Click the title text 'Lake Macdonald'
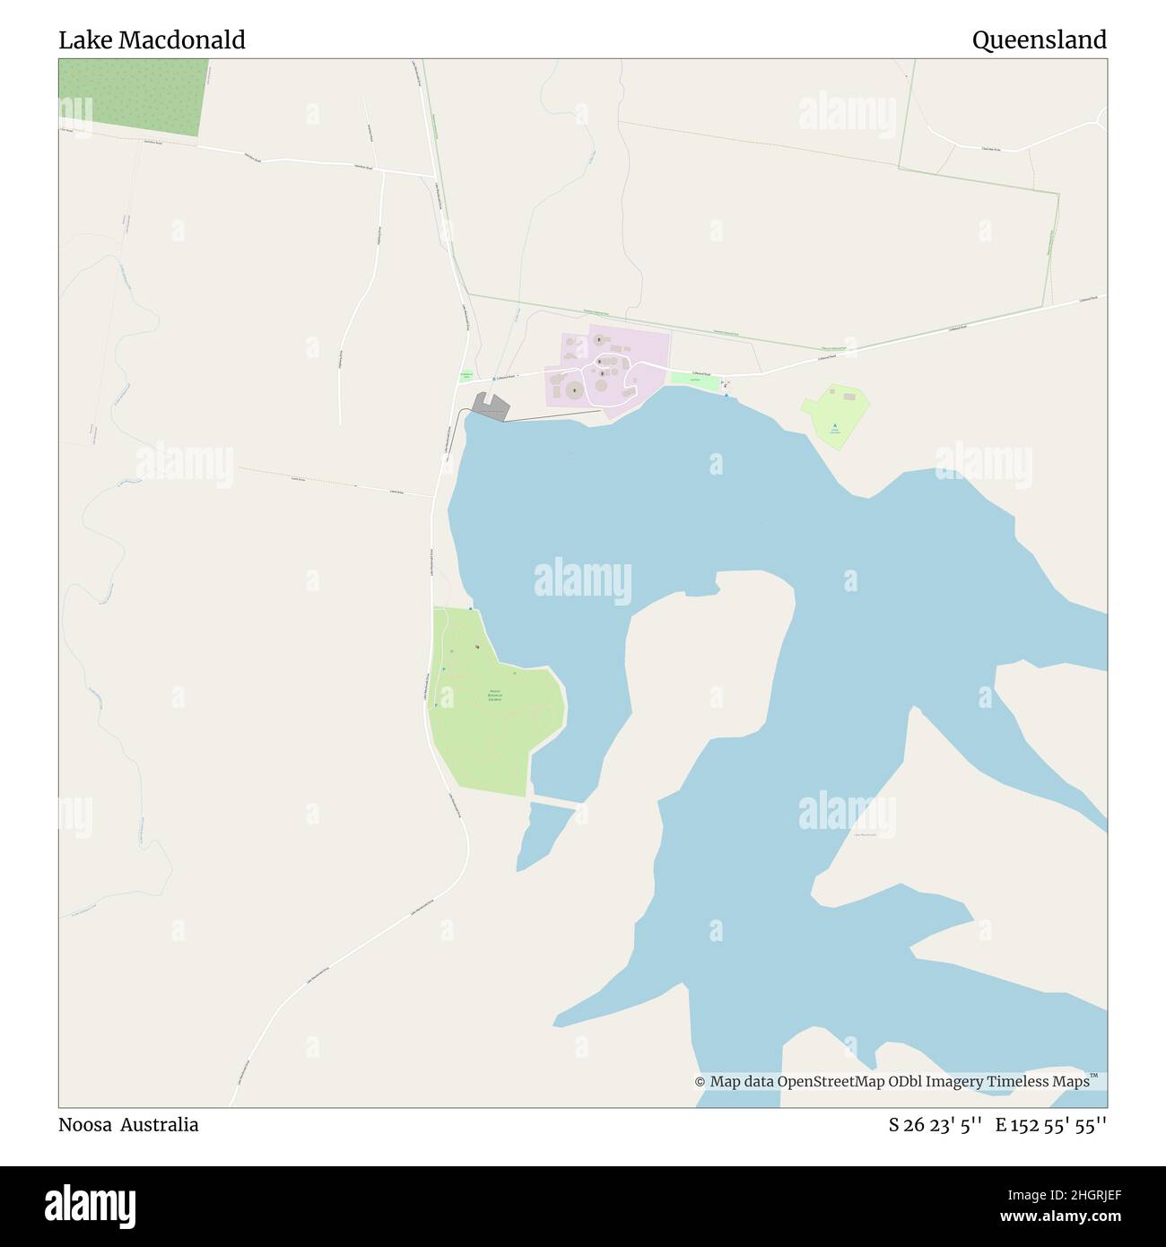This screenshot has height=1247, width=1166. coord(152,40)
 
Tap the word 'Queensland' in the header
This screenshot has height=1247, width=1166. coord(1039,40)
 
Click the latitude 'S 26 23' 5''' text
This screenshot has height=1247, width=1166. coord(932,1124)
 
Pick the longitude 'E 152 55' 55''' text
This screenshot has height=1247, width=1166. coord(1050,1124)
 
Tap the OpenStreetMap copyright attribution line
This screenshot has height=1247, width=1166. coord(897,1082)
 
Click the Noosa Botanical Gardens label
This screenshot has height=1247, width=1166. coord(495,695)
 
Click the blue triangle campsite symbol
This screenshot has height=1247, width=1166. coord(835,425)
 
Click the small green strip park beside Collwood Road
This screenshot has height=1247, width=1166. coord(695,380)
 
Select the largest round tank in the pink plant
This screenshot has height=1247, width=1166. coord(573,390)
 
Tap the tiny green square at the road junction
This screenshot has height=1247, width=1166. coord(466,377)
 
